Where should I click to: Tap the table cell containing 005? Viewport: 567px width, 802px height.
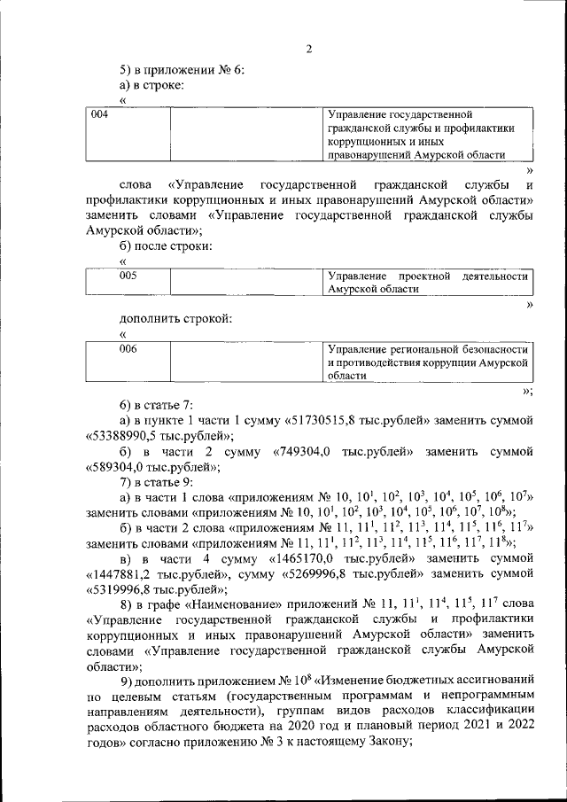click(x=128, y=284)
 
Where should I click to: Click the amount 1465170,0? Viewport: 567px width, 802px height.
click(x=299, y=559)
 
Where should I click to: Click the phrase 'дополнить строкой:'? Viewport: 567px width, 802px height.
click(x=176, y=318)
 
